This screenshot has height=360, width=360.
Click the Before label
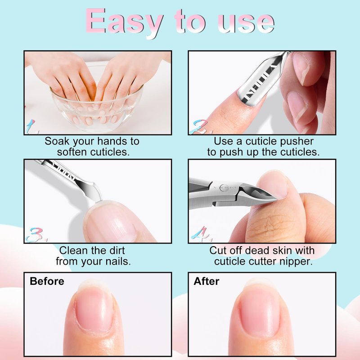point(47,281)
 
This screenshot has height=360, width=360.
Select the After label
point(206,281)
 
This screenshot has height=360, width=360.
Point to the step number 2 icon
point(200,126)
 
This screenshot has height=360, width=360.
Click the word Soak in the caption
point(57,141)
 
